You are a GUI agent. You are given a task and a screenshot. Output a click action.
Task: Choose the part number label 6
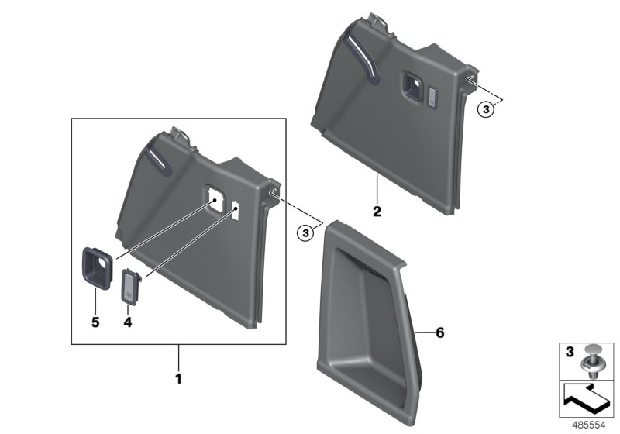tap(439, 332)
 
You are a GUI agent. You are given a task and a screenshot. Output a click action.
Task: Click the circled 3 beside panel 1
tap(307, 231)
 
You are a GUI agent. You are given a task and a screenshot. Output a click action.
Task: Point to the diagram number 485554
tap(587, 425)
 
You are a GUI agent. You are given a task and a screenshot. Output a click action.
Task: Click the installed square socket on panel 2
tap(410, 84)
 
